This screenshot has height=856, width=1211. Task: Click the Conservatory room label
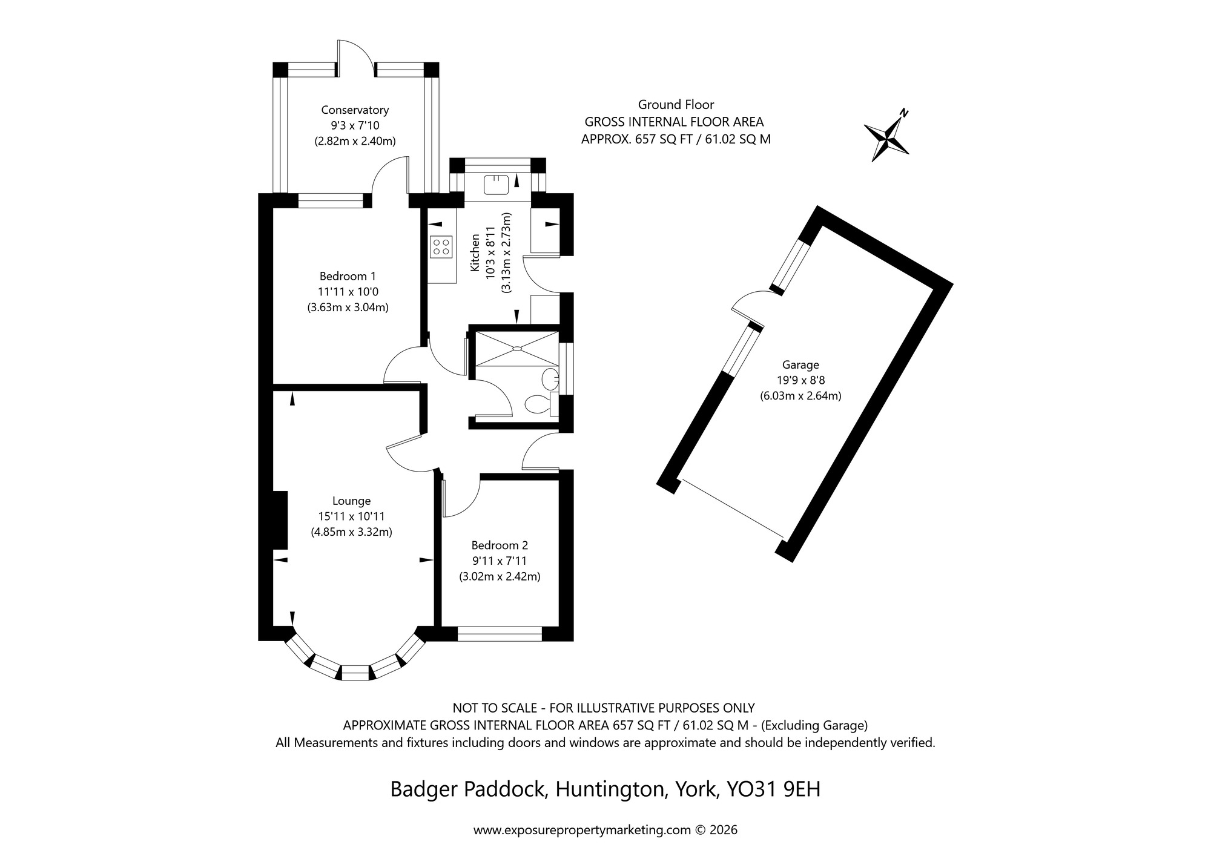point(355,110)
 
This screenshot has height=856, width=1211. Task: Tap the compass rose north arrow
point(886,139)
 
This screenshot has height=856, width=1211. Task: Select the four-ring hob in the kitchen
point(441,246)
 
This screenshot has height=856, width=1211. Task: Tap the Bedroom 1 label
point(348,276)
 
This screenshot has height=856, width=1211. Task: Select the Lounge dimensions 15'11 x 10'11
point(351,516)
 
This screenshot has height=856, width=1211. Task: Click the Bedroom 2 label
point(500,545)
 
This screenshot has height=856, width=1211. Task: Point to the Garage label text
point(800,364)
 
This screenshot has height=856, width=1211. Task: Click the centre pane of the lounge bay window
point(355,673)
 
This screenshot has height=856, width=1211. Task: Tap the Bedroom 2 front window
point(500,634)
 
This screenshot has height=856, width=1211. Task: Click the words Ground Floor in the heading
point(676,104)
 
